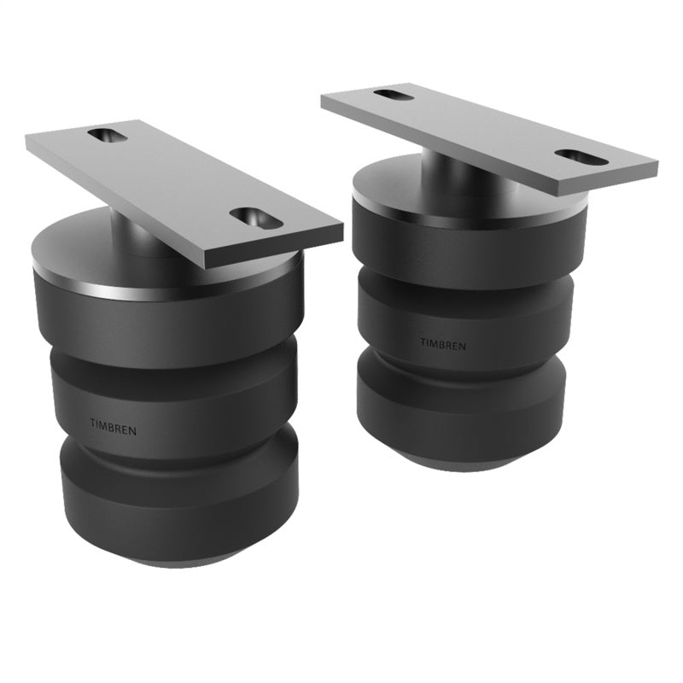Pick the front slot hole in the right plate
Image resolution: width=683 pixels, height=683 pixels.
[x=578, y=157]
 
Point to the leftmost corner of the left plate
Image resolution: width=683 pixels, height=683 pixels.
[x=28, y=145]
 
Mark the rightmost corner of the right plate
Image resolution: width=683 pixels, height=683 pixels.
[x=657, y=162]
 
